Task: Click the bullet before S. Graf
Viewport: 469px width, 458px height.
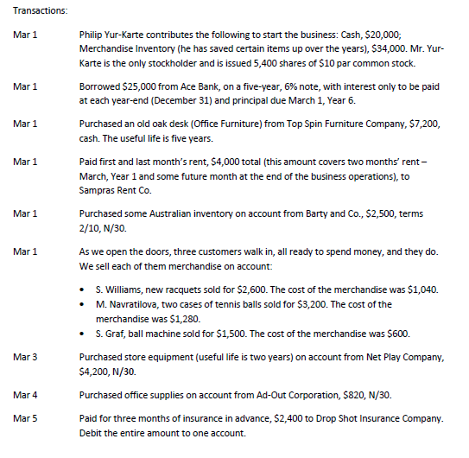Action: point(81,334)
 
